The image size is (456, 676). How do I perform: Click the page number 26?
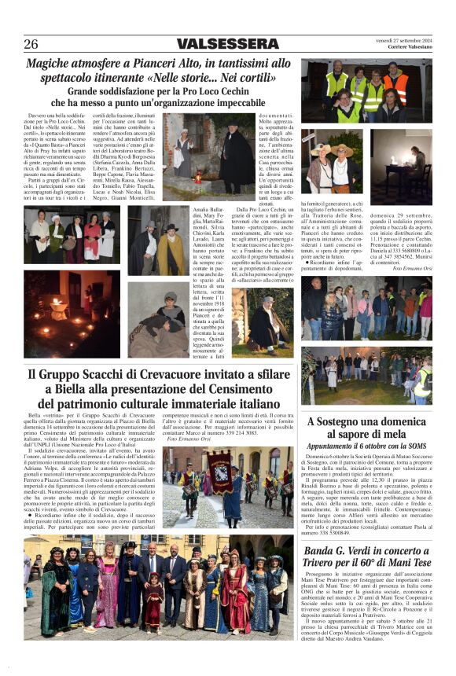coord(31,44)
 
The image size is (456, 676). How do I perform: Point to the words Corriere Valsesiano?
coord(410,49)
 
